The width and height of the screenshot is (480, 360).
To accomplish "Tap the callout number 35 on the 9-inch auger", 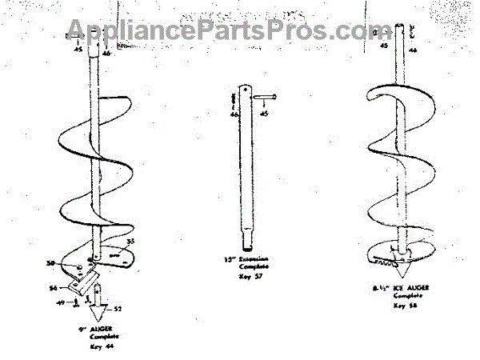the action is (130, 241).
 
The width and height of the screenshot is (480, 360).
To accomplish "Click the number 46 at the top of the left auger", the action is (106, 53).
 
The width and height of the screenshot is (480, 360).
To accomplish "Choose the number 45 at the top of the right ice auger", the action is (384, 47).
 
